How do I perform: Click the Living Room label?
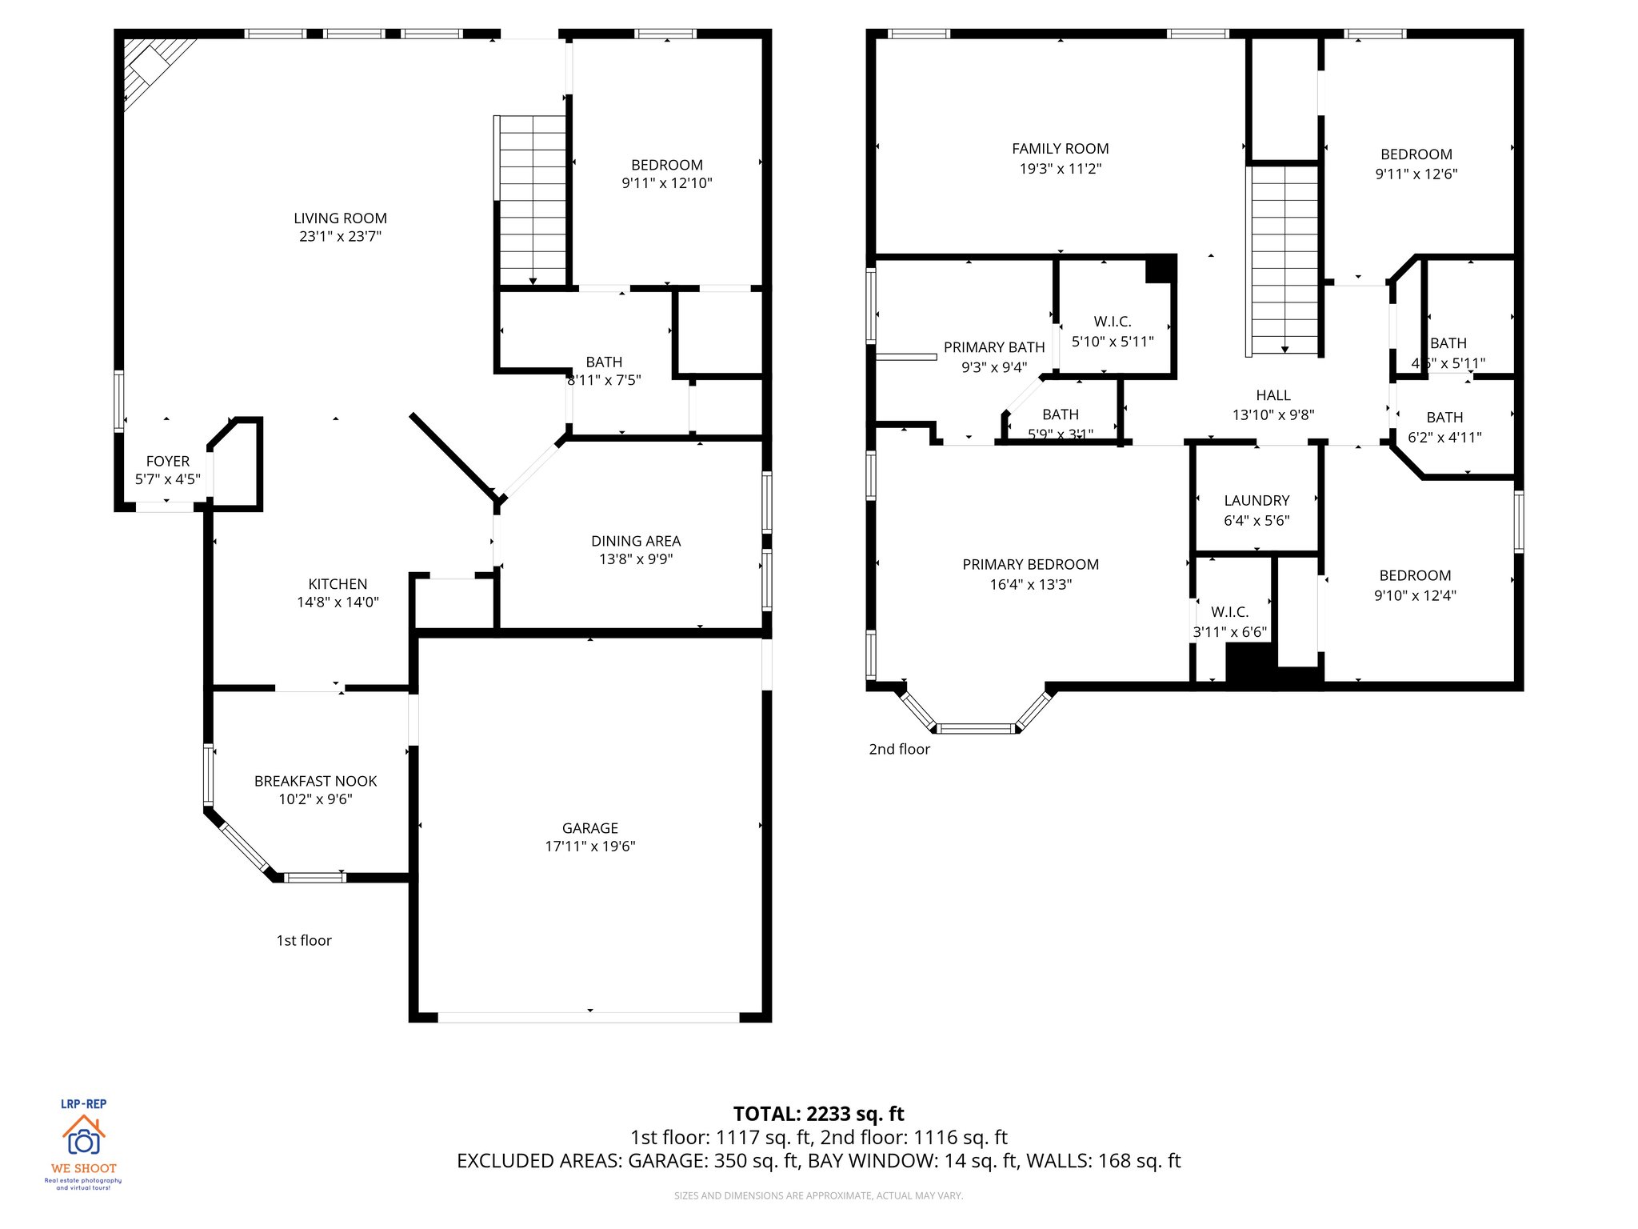pos(340,218)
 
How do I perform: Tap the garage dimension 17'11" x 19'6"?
pos(589,847)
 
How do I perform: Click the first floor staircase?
pos(532,200)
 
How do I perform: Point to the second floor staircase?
pos(1284,260)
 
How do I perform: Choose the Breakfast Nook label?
pos(315,781)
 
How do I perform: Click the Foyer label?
pos(168,462)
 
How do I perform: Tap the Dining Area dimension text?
pos(636,559)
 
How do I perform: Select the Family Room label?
pos(1060,149)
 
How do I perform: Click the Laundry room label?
pos(1256,501)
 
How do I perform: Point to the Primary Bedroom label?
pos(1030,565)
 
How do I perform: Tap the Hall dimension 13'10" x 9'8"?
pos(1273,415)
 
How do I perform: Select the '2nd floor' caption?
pos(899,750)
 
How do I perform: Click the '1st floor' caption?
pos(303,941)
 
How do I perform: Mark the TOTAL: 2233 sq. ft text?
pos(818,1114)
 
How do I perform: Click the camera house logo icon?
pos(83,1136)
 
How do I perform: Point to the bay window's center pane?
pos(975,728)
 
